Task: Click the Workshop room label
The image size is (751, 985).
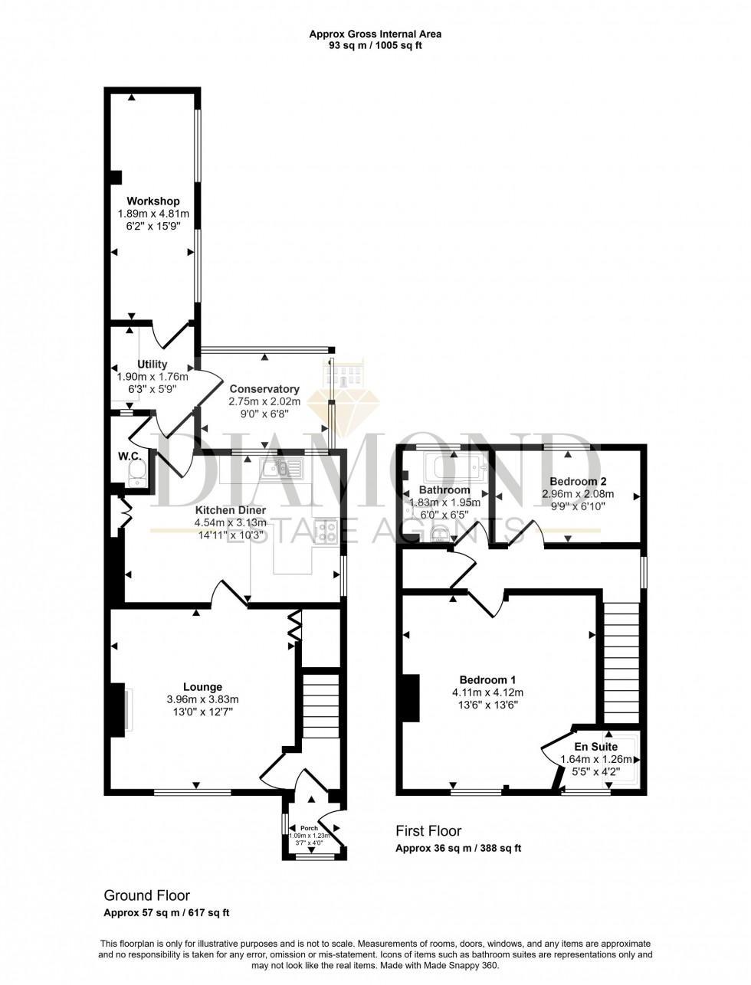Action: [153, 201]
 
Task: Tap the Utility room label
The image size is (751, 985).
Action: [152, 364]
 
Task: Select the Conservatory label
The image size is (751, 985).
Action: [264, 389]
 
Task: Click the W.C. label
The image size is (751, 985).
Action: [127, 457]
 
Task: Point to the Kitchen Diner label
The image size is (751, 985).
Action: [230, 510]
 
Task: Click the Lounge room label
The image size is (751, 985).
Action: [202, 687]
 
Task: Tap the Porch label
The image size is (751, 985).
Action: [309, 828]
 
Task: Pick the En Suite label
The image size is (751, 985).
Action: [595, 746]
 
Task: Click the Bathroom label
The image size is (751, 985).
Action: [444, 490]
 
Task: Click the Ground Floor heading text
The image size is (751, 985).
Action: [146, 895]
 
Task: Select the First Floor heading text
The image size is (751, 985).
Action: [428, 831]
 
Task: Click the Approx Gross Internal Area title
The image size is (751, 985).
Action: [375, 34]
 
